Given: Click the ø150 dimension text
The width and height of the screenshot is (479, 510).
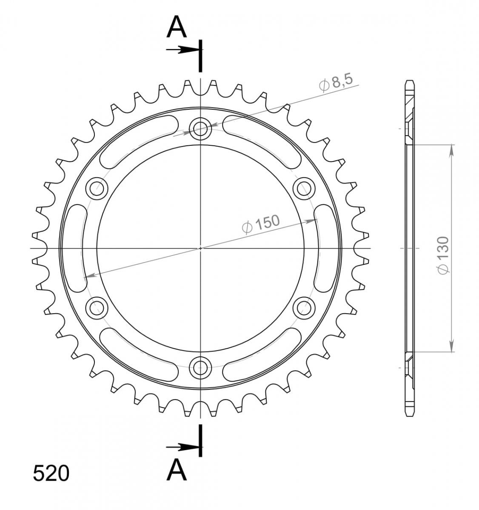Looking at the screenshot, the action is tap(260, 224).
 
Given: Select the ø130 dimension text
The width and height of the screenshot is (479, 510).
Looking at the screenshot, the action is tap(443, 255).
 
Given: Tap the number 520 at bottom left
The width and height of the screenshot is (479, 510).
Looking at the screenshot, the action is tap(51, 473).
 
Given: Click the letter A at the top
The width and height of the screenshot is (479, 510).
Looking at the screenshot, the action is tap(177, 26).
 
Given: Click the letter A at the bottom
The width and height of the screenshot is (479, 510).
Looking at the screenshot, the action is tap(177, 470).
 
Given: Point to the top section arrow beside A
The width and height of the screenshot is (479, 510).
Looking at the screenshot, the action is tap(182, 49).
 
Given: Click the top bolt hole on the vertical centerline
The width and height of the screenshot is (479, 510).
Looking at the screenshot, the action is tap(200, 128).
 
